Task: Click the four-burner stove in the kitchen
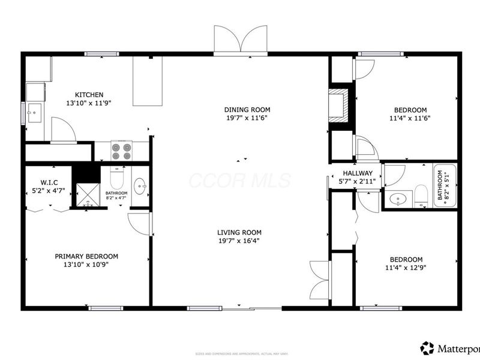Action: click(122, 151)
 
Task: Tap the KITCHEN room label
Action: click(89, 95)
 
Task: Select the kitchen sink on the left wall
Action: click(34, 112)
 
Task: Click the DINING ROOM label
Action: click(247, 110)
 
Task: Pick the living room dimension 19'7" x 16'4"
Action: click(239, 241)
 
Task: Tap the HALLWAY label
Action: click(357, 173)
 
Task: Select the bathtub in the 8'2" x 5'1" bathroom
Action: click(444, 185)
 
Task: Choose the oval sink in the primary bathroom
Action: click(140, 185)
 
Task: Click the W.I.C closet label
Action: click(49, 182)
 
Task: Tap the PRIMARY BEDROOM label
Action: click(86, 256)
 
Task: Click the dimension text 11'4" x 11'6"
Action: click(410, 118)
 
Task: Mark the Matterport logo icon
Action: click(427, 348)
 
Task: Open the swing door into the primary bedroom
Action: click(140, 223)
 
